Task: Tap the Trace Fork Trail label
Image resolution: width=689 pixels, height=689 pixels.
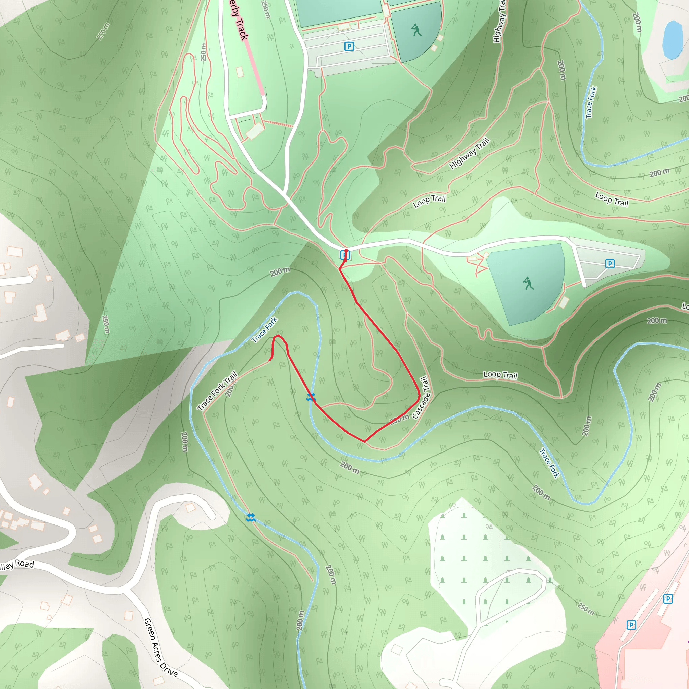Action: (218, 391)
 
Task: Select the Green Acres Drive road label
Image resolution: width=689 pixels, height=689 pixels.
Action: (160, 647)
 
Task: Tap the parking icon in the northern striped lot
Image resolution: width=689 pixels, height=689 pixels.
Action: (349, 46)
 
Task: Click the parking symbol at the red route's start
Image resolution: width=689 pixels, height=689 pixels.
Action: (344, 255)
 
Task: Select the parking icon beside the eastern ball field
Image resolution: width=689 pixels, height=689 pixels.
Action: (610, 263)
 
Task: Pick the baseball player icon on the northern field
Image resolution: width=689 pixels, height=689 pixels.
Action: (416, 30)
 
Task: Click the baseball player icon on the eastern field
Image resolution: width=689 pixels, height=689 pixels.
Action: (528, 283)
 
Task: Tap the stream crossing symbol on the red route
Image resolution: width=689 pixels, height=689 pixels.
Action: (311, 397)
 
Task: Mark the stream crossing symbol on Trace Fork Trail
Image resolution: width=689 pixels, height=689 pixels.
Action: (251, 517)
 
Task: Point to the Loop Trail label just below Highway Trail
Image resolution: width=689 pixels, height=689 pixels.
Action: (429, 201)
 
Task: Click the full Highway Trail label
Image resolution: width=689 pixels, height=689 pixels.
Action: (469, 153)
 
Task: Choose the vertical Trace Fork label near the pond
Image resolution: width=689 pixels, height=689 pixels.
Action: (591, 103)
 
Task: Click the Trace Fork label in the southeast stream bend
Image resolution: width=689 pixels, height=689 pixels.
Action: (549, 463)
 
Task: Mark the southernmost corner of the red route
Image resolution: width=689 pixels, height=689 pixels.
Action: (364, 441)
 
